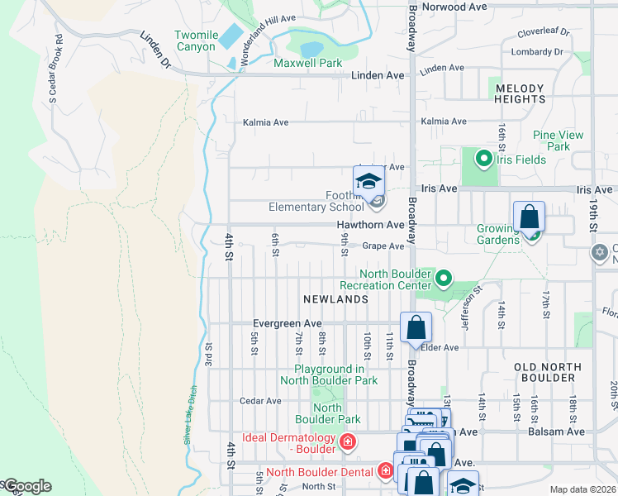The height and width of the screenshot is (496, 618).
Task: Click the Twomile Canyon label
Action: tap(196, 41)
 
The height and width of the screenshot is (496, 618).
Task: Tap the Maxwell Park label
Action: tap(307, 63)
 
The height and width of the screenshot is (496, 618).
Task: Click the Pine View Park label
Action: tap(558, 141)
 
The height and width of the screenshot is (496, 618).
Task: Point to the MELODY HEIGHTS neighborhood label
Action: tap(520, 93)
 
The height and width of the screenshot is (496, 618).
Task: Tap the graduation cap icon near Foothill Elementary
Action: tap(368, 182)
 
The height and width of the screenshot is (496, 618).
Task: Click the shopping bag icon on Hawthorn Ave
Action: tap(529, 218)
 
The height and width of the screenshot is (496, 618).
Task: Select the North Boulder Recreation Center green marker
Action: tap(444, 279)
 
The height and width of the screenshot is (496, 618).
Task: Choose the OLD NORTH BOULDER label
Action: tap(544, 372)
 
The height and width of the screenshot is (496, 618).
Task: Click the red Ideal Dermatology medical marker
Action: tap(348, 442)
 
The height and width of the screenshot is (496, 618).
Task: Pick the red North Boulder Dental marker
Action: tap(384, 472)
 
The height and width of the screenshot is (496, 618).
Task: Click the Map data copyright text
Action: tap(583, 489)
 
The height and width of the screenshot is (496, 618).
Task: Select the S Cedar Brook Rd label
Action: tap(56, 69)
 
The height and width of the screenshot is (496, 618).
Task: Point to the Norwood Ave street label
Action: tap(454, 6)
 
